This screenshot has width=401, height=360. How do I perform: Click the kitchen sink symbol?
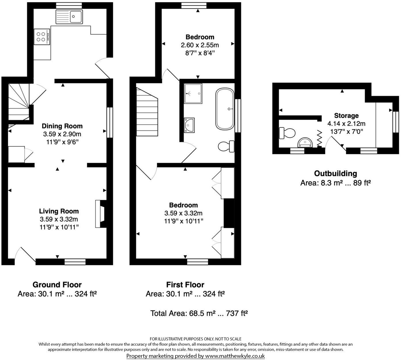pyautogui.click(x=69, y=16)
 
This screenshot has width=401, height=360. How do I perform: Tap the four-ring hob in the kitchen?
pyautogui.click(x=41, y=37)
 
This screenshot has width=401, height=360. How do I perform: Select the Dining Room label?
pyautogui.click(x=62, y=126)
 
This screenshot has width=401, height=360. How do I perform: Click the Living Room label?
pyautogui.click(x=59, y=211)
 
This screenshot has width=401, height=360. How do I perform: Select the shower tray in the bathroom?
pyautogui.click(x=193, y=93)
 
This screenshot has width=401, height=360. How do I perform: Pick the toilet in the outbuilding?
pyautogui.click(x=287, y=133)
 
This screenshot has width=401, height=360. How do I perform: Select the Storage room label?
pyautogui.click(x=346, y=115)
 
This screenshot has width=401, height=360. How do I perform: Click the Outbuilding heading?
pyautogui.click(x=335, y=173)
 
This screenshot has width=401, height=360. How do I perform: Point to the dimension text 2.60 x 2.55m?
pyautogui.click(x=200, y=45)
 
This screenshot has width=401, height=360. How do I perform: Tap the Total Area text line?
pyautogui.click(x=199, y=313)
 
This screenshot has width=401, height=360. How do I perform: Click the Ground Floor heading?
pyautogui.click(x=57, y=285)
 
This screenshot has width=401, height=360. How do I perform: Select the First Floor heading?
pyautogui.click(x=185, y=285)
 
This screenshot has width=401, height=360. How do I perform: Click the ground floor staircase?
pyautogui.click(x=18, y=102)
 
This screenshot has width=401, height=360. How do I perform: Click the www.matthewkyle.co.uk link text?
pyautogui.click(x=234, y=356)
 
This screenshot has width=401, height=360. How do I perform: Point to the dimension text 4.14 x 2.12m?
pyautogui.click(x=346, y=124)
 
